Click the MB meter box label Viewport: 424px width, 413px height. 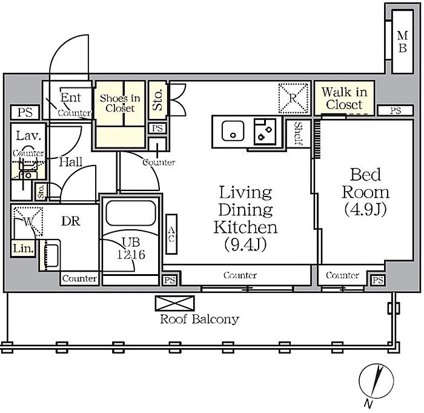click(x=402, y=42)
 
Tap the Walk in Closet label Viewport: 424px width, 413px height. click(x=344, y=98)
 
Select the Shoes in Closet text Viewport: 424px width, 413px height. click(x=120, y=103)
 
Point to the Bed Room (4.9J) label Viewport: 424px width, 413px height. click(x=365, y=192)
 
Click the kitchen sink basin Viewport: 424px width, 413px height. click(x=233, y=131)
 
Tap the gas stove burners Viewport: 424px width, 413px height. click(x=265, y=132)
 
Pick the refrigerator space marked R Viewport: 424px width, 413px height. click(x=293, y=98)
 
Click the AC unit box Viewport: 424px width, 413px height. click(x=171, y=234)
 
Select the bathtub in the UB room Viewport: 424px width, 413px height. click(x=131, y=213)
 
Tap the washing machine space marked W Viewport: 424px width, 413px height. click(x=28, y=222)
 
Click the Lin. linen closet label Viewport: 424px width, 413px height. click(x=24, y=248)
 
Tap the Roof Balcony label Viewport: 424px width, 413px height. click(x=199, y=319)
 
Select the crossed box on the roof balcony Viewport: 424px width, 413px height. click(x=174, y=303)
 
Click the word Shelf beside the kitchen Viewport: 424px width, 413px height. click(x=298, y=133)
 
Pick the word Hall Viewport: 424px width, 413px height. click(x=71, y=162)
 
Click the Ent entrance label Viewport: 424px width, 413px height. click(x=70, y=98)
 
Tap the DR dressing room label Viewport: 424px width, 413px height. click(x=71, y=221)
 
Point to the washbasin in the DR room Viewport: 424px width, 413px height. click(x=50, y=255)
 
